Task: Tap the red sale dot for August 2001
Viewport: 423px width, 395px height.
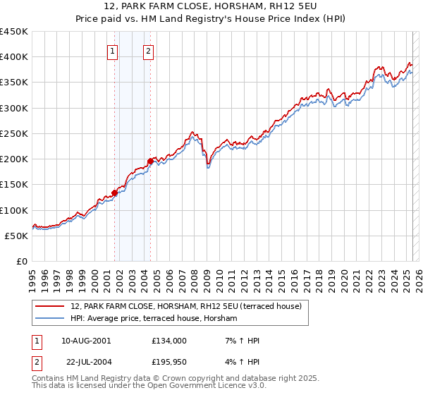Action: [x=114, y=193]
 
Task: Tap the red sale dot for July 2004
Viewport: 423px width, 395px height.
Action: [x=150, y=161]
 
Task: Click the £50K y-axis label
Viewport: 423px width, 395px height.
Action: [x=16, y=236]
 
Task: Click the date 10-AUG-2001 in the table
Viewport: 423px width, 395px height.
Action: [x=85, y=341]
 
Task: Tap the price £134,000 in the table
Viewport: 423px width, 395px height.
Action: [x=169, y=341]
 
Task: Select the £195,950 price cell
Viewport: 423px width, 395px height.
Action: [x=169, y=362]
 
